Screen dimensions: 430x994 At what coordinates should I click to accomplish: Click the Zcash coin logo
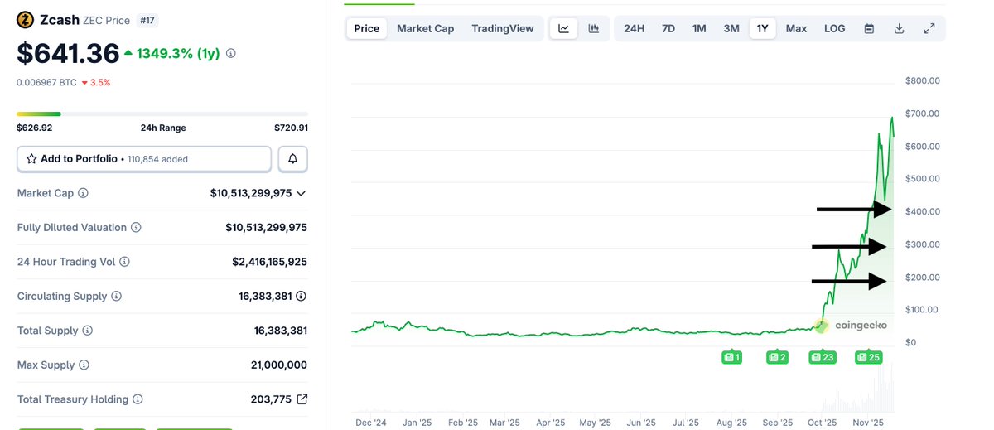pos(26,20)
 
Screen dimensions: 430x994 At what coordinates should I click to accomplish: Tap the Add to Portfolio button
pos(144,158)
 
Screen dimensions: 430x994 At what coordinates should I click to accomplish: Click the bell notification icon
pos(292,158)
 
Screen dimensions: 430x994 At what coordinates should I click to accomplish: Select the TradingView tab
pos(503,28)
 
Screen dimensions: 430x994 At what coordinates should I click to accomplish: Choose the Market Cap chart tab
pos(425,28)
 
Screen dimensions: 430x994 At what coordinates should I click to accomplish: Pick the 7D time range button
pos(668,28)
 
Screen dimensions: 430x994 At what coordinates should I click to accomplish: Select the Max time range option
pos(796,28)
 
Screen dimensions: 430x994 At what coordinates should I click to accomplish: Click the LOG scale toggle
pos(834,28)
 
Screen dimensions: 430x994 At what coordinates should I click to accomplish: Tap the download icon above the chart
pos(899,28)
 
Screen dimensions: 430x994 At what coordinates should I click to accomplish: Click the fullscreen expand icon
pos(929,28)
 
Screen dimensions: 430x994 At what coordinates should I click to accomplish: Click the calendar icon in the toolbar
pos(869,28)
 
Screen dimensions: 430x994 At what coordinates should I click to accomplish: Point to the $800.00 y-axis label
pos(923,80)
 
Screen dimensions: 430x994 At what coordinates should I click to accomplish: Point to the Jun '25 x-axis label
pos(640,422)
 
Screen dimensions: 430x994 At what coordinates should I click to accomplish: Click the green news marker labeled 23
pos(823,357)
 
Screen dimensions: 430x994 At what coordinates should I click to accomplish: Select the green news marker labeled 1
pos(731,357)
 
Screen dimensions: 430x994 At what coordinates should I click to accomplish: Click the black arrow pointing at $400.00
pos(854,210)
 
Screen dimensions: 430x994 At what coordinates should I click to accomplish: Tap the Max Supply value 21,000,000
pos(278,365)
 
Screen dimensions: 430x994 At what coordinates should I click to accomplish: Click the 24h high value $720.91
pos(291,128)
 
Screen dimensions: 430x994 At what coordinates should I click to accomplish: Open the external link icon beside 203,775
pos(302,399)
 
